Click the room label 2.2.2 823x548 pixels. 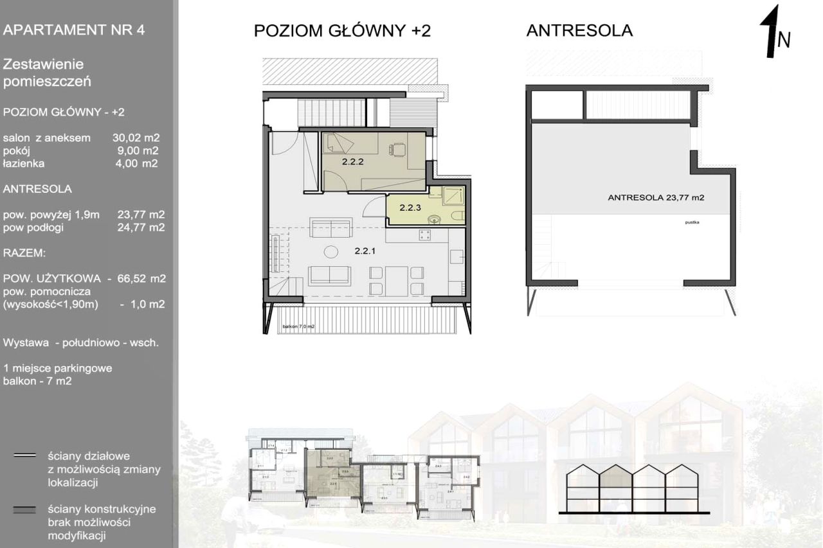point(353,163)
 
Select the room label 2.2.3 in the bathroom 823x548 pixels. point(410,208)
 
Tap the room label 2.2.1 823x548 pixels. point(365,252)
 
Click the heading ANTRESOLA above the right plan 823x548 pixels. point(579,31)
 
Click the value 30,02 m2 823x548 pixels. point(136,137)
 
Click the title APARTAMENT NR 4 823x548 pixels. point(73,31)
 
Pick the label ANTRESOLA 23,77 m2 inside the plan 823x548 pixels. point(656,198)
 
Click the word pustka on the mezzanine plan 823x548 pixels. point(692,223)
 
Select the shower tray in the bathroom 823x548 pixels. point(451,195)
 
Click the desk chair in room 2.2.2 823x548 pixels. point(396,150)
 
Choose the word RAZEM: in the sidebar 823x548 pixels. point(24,254)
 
